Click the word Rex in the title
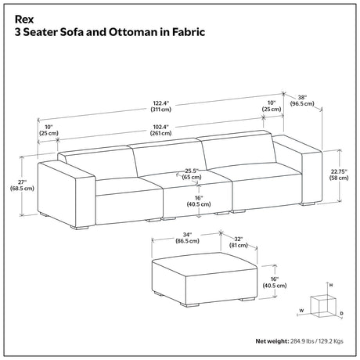click(24, 20)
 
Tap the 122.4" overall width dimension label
click(161, 106)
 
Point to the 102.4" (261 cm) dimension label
click(161, 130)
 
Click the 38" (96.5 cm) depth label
click(302, 101)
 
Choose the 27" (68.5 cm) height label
click(22, 185)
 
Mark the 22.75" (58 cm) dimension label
click(339, 175)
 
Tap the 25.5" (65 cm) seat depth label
click(192, 174)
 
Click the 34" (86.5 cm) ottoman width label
click(187, 238)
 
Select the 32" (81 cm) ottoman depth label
click(239, 242)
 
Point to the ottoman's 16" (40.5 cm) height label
click(275, 283)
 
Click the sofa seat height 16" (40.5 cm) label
click(199, 201)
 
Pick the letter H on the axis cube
click(331, 286)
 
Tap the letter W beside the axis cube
click(301, 311)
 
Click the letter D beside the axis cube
click(342, 313)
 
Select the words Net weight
click(272, 341)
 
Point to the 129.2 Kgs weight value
click(332, 341)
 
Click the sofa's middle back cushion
click(168, 157)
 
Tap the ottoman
click(204, 278)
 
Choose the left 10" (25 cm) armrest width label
click(49, 130)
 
